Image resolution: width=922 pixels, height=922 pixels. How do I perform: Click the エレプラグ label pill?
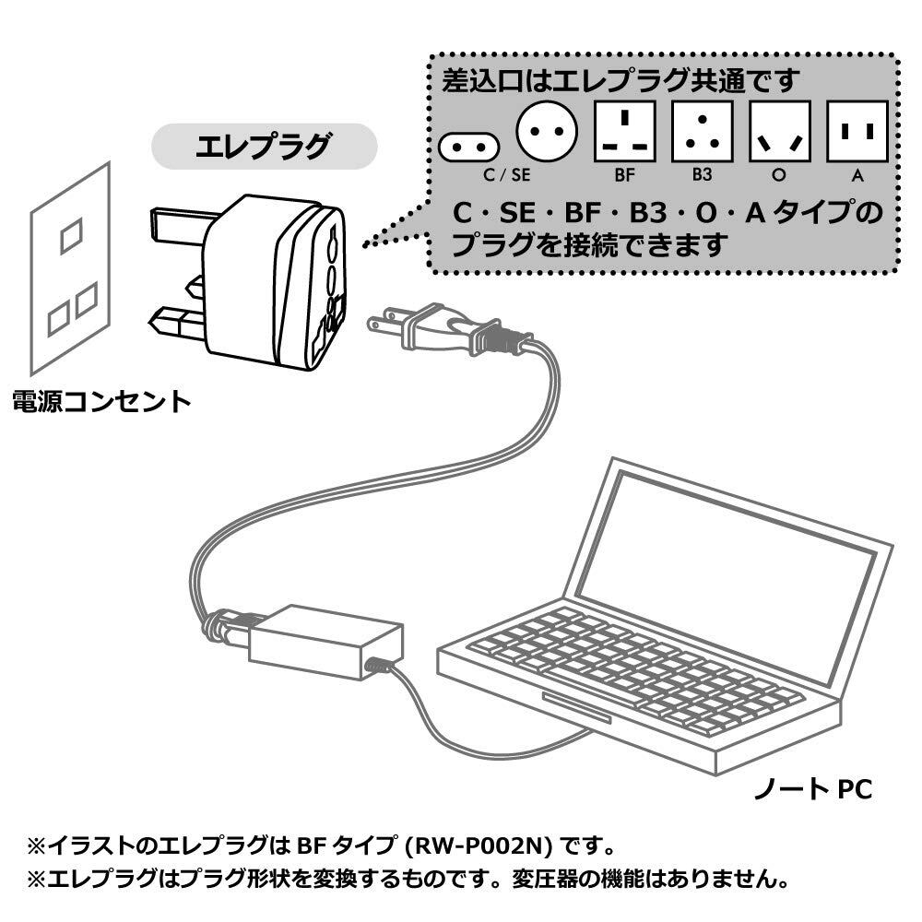(264, 147)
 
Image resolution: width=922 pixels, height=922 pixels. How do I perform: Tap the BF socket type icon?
(624, 131)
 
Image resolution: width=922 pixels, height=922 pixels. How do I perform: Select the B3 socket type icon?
(702, 131)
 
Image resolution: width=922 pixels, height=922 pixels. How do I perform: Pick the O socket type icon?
(780, 131)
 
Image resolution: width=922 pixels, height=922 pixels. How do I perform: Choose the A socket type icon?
(857, 131)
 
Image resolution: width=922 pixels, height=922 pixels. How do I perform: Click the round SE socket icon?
(546, 131)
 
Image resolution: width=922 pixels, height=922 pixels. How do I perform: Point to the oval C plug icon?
(468, 147)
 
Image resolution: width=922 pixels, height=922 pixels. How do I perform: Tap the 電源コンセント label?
(101, 402)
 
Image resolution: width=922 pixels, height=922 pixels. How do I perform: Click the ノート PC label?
(812, 788)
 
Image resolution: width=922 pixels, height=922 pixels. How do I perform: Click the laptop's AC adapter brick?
(325, 642)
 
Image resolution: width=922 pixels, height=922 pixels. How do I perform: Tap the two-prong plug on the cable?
(435, 327)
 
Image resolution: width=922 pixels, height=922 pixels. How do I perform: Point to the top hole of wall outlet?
(71, 236)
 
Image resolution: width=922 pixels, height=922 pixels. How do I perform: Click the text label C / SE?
(506, 175)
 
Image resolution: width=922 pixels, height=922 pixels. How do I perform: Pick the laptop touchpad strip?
(576, 707)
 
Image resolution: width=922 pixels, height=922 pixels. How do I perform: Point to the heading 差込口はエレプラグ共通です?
(621, 80)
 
